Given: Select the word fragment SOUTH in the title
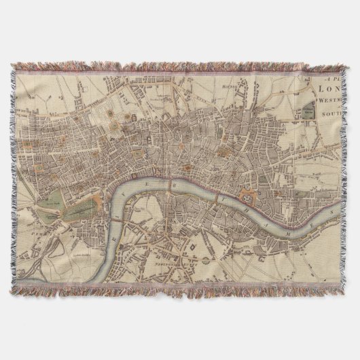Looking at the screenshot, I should (x=333, y=125).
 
